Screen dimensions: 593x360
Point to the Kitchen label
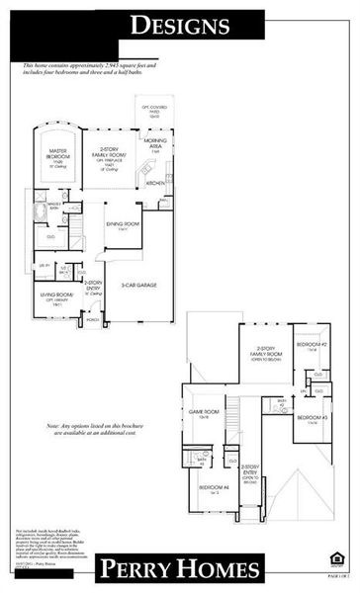(155, 183)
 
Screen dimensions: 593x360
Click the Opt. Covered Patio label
(153, 107)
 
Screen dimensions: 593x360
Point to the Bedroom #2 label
(312, 346)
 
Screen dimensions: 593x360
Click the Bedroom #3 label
(312, 420)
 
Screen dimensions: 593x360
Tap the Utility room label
(45, 267)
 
